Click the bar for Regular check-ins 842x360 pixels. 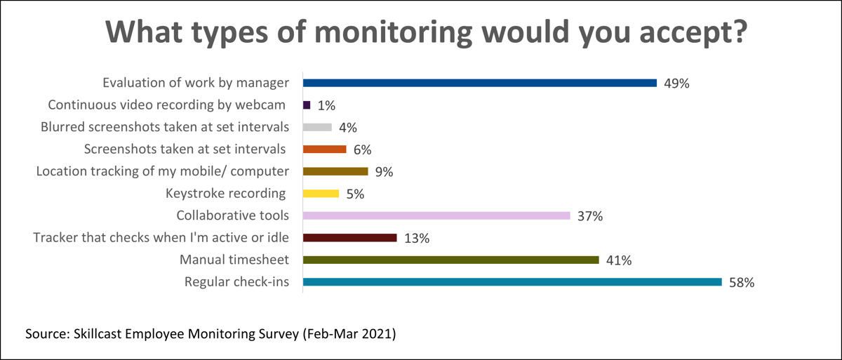512,282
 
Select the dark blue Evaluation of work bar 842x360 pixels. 479,83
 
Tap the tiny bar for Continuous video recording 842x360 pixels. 307,105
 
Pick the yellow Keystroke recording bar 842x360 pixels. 321,194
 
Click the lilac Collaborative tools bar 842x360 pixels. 436,215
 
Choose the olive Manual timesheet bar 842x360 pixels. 450,260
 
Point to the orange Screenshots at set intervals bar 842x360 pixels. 324,149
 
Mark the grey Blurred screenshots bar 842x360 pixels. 317,127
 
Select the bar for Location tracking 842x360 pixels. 335,171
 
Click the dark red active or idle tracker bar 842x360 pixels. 349,238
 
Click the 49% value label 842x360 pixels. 676,84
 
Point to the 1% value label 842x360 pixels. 326,105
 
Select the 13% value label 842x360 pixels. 416,239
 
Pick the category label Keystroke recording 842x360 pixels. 225,194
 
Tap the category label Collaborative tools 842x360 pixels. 232,216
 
